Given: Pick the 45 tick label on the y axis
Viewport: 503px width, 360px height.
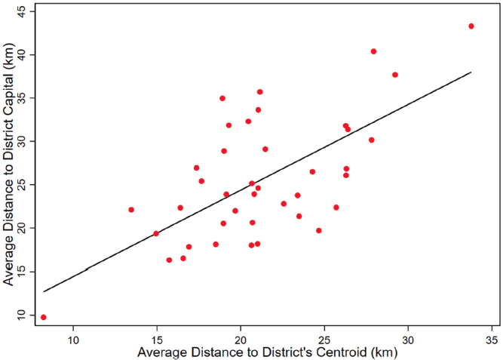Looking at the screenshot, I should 21,12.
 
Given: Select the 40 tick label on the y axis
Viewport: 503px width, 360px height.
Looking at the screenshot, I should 21,55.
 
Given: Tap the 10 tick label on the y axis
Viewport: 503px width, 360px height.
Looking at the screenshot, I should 21,314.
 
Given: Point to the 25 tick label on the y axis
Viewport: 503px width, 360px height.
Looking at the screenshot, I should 21,184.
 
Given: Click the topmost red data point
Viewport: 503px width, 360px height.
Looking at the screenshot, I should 471,26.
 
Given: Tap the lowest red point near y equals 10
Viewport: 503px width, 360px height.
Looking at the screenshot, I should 43,317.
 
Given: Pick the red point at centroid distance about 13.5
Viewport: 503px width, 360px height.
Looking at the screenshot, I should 131,210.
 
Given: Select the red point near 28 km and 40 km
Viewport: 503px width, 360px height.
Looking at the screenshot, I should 373,51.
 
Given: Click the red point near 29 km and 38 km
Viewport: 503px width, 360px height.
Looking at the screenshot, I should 395,75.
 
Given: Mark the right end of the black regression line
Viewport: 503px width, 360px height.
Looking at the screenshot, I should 471,72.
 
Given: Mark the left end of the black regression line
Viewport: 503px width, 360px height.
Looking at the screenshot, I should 44,291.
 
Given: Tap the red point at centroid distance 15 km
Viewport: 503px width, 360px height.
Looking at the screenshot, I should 156,233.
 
